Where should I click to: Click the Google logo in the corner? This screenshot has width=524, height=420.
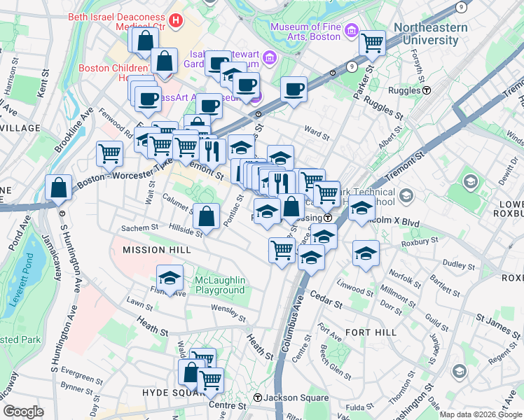click(x=23, y=411)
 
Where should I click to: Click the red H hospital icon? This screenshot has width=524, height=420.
click(x=175, y=22)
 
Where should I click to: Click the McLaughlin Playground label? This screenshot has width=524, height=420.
click(x=220, y=285)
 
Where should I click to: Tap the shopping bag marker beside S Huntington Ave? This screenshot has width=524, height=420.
click(x=59, y=188)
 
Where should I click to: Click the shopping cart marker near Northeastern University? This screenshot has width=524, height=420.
click(x=372, y=43)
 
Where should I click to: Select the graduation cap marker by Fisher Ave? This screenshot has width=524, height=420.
click(x=170, y=278)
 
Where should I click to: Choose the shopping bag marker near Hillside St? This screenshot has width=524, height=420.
click(x=207, y=217)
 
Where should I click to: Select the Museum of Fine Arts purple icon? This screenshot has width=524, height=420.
click(x=352, y=31)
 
